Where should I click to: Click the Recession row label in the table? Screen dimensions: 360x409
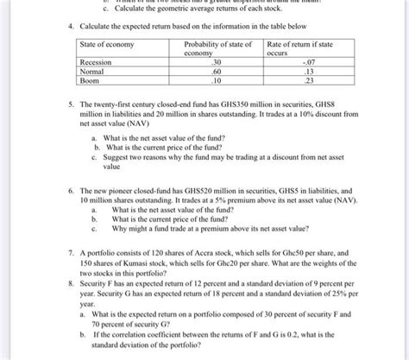coord(97,62)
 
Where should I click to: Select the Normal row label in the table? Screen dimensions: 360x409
coord(93,72)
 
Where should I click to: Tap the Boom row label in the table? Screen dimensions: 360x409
coord(91,81)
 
